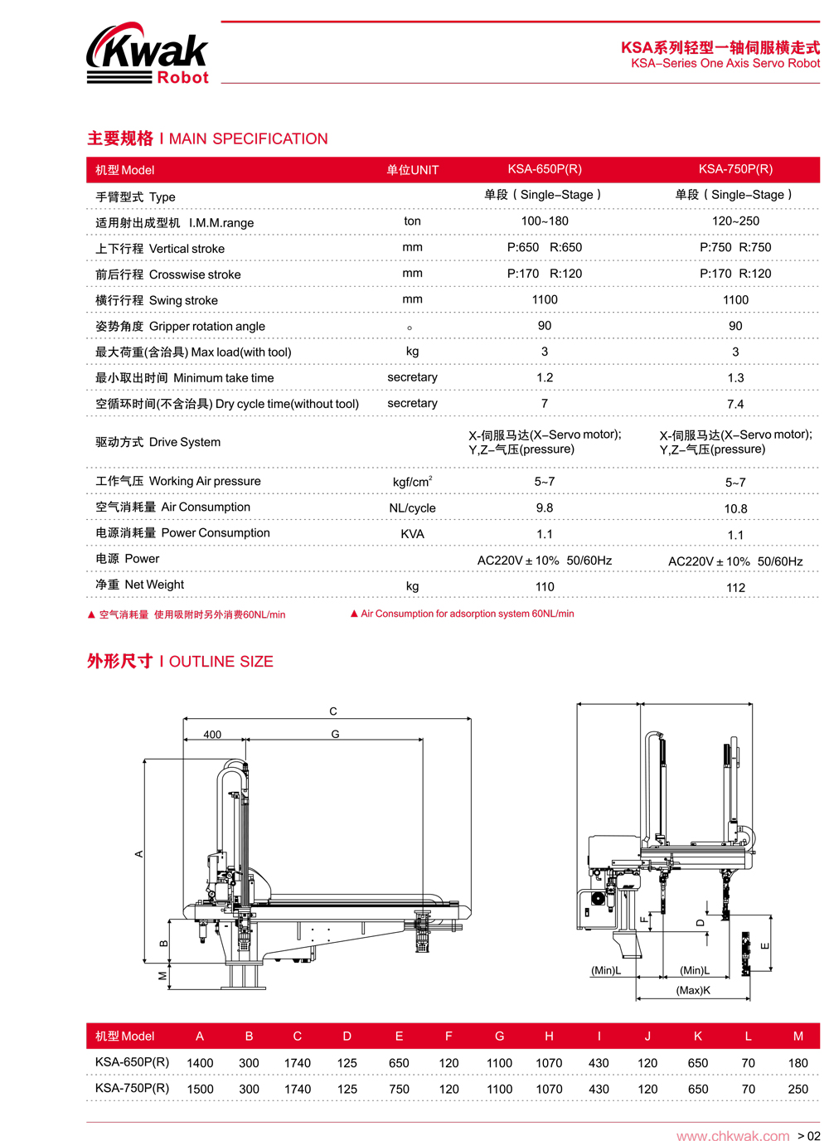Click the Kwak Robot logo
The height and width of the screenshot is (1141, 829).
tap(148, 54)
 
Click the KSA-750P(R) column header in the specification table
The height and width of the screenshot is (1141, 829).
tap(735, 169)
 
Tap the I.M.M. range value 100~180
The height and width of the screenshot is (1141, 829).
tap(545, 221)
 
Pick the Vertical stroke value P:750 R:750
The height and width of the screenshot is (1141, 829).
tap(735, 247)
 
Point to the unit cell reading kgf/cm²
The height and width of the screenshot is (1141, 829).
tap(412, 482)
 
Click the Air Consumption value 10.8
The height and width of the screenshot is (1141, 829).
tap(735, 508)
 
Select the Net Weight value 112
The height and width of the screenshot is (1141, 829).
tap(735, 587)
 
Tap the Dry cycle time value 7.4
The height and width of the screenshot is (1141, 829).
tap(735, 404)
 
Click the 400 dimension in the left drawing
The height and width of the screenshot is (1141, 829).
tap(212, 735)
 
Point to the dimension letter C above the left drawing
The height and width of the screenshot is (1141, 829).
tap(333, 711)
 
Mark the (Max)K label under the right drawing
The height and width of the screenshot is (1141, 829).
tap(693, 990)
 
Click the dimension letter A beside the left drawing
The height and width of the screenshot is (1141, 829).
tap(139, 853)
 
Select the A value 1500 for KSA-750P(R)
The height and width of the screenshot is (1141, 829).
tap(200, 1089)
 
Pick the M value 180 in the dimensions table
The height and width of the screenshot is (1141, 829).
tap(797, 1063)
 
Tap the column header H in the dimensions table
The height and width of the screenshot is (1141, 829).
tap(549, 1037)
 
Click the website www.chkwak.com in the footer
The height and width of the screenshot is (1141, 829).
tap(733, 1136)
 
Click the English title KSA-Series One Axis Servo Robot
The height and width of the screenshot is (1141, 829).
tap(725, 64)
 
